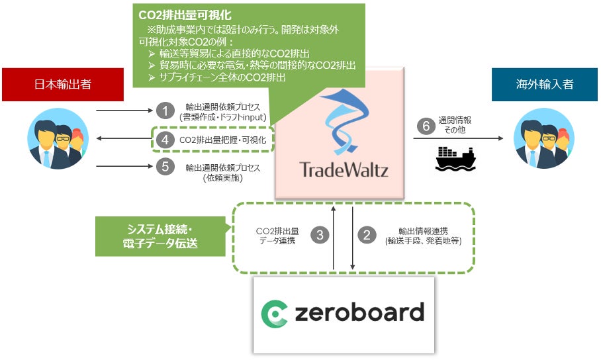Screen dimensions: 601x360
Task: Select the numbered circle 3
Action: [x=320, y=235]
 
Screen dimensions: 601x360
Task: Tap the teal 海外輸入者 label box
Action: [x=544, y=85]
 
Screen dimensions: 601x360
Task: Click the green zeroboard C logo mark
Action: [x=273, y=314]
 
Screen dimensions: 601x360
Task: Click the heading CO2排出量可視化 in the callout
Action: [x=176, y=14]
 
